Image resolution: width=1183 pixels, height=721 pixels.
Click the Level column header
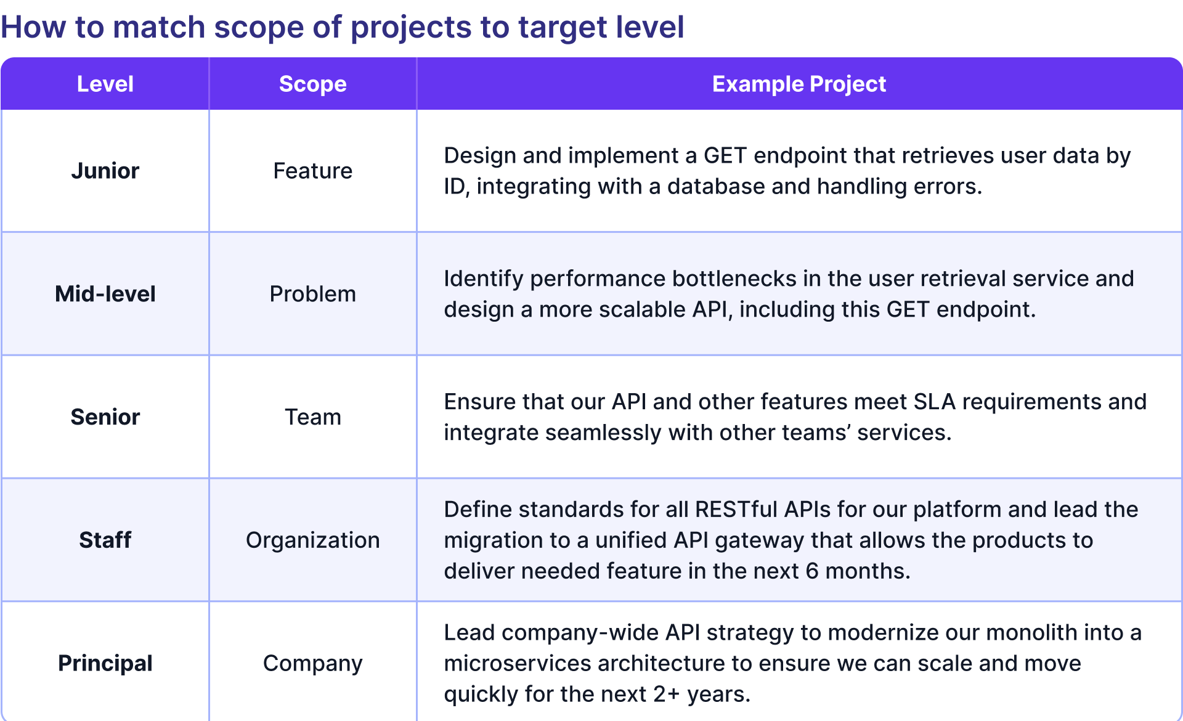pyautogui.click(x=105, y=84)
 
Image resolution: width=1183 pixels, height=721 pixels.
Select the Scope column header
pyautogui.click(x=312, y=84)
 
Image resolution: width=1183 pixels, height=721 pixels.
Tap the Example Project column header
pyautogui.click(x=799, y=84)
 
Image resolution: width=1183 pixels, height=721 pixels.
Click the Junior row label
pyautogui.click(x=105, y=171)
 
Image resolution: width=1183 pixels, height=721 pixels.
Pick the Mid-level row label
pyautogui.click(x=105, y=294)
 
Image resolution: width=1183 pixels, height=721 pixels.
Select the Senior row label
pyautogui.click(x=105, y=417)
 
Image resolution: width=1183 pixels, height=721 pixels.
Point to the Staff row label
pyautogui.click(x=105, y=540)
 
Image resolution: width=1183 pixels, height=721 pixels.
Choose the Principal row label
pyautogui.click(x=105, y=664)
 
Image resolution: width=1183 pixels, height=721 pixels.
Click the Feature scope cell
pyautogui.click(x=312, y=171)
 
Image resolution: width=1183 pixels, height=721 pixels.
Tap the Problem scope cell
pyautogui.click(x=312, y=294)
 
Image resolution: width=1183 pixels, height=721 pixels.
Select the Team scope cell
pyautogui.click(x=312, y=417)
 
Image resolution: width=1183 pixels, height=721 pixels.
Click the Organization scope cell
pyautogui.click(x=312, y=540)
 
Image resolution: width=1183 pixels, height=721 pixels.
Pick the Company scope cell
pyautogui.click(x=312, y=664)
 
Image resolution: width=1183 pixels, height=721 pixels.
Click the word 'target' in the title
pyautogui.click(x=558, y=28)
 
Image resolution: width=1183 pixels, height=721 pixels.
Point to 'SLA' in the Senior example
pyautogui.click(x=934, y=402)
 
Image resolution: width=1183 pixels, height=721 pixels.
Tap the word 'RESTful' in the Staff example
pyautogui.click(x=736, y=510)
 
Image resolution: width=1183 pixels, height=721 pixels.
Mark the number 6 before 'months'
pyautogui.click(x=812, y=571)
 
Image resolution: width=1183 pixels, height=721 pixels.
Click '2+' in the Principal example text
pyautogui.click(x=666, y=695)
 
